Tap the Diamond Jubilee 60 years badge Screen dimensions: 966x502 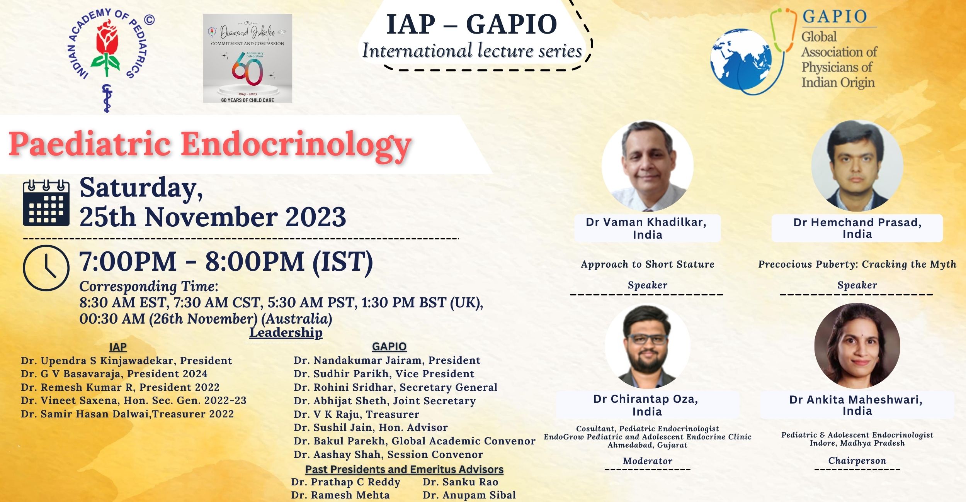[x=248, y=59]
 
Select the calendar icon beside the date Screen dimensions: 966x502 [x=46, y=203]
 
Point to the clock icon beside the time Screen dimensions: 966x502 [x=46, y=268]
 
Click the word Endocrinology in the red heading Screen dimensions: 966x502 [x=296, y=144]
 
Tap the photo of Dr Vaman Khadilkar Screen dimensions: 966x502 [x=647, y=166]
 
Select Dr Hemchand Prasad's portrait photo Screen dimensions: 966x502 [x=857, y=166]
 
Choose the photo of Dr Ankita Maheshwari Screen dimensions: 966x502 [x=857, y=346]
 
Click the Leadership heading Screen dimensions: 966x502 [x=286, y=332]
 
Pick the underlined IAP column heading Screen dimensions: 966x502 [x=118, y=347]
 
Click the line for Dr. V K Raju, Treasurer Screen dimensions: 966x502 [x=356, y=414]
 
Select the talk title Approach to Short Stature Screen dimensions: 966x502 [x=648, y=264]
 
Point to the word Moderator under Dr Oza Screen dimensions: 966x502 [x=648, y=461]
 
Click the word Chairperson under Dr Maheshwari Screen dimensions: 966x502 [x=857, y=461]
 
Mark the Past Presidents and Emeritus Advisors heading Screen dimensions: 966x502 [x=404, y=470]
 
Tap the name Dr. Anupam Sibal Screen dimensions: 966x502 [x=469, y=495]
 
